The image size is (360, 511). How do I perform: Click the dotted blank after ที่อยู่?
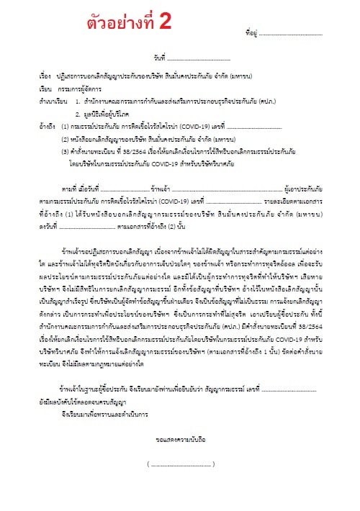pos(288,34)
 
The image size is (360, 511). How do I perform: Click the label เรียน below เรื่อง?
pos(45,85)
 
